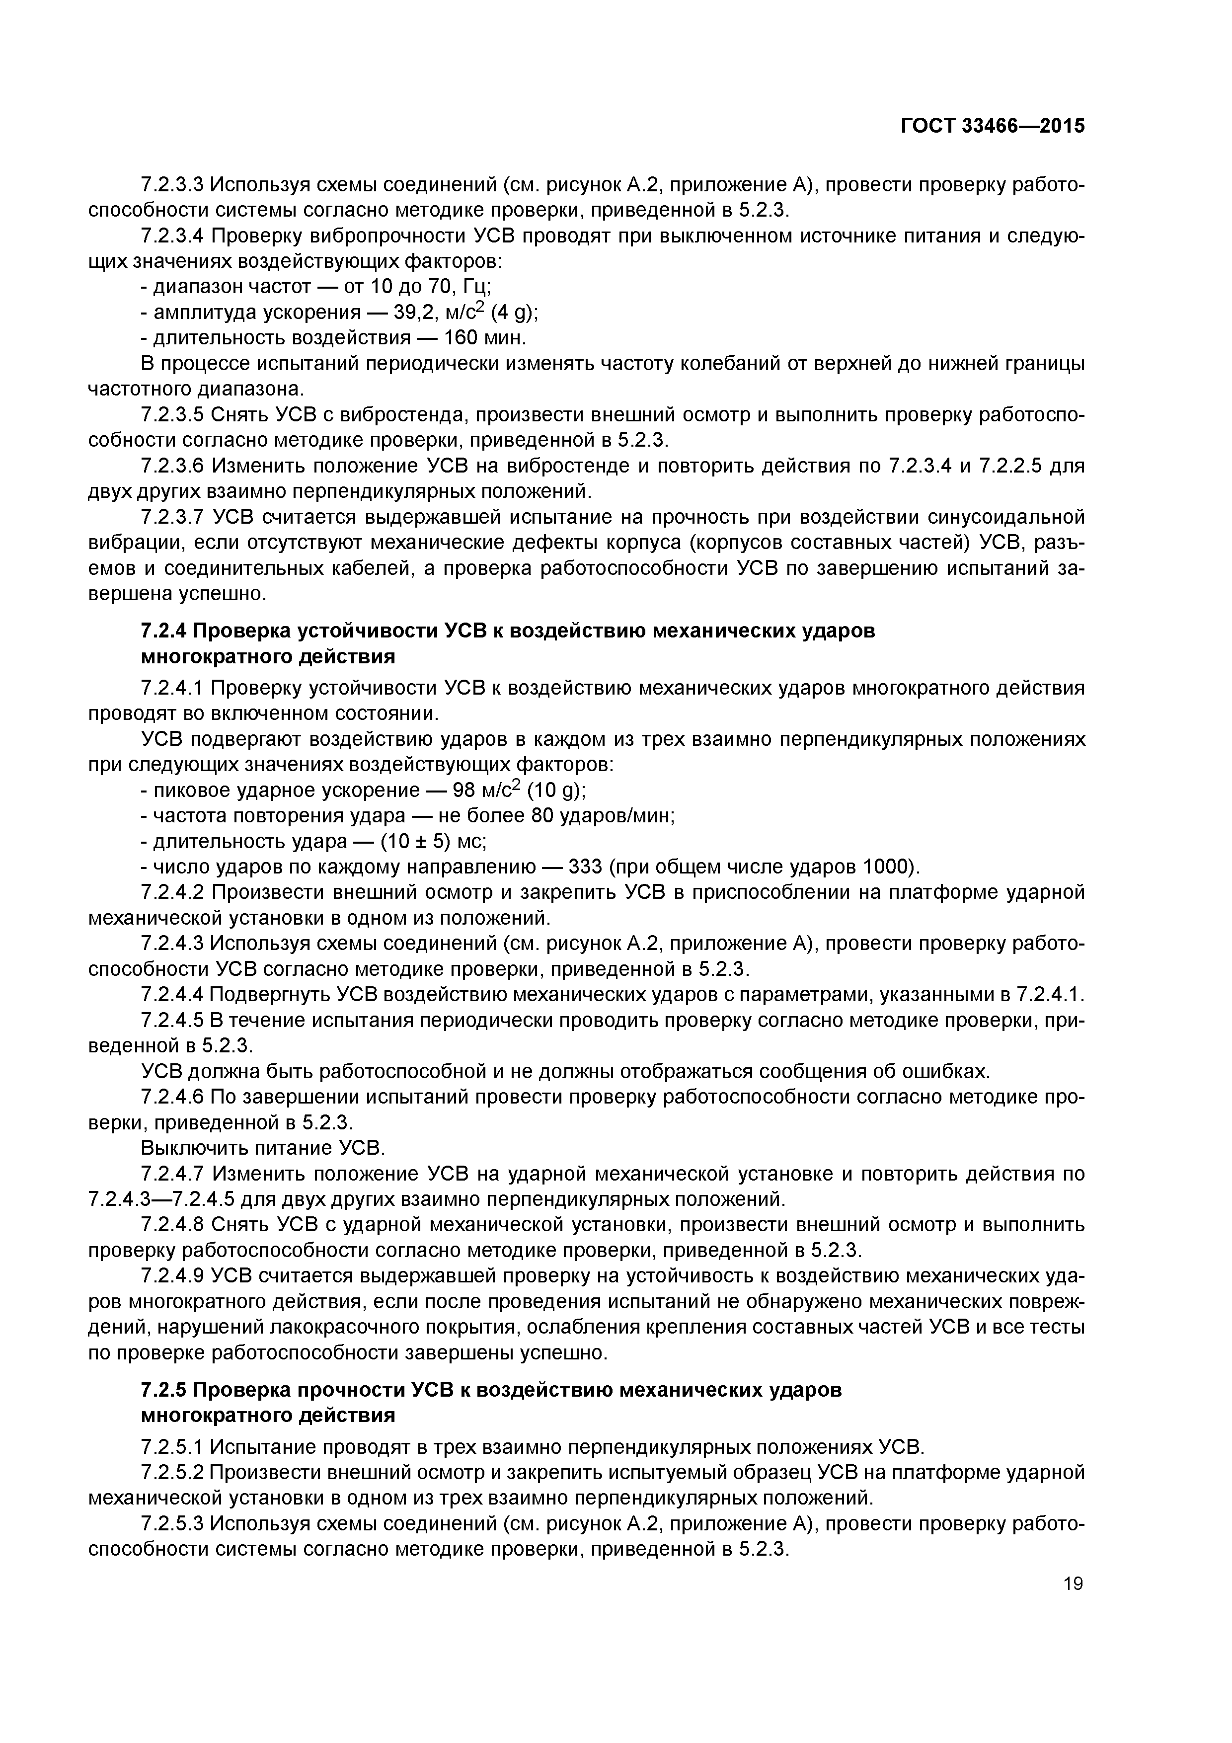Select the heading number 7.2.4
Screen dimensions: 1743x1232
(x=165, y=631)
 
